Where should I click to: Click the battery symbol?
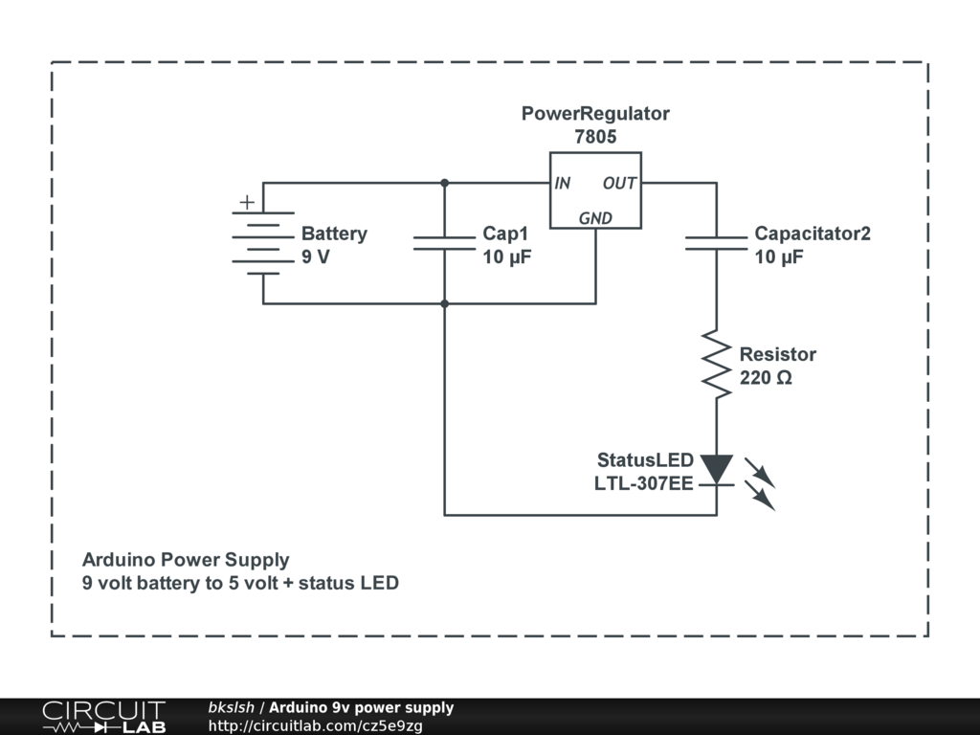click(x=263, y=243)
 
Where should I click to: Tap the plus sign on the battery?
click(x=247, y=202)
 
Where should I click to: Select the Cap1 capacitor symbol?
click(x=444, y=243)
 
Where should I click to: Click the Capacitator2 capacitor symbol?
click(x=716, y=243)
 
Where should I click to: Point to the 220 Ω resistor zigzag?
click(x=716, y=364)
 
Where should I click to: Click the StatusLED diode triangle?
click(x=716, y=469)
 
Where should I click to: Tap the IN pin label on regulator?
click(x=562, y=183)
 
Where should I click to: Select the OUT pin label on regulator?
click(x=619, y=183)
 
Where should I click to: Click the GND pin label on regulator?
click(x=595, y=218)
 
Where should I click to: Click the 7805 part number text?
click(x=595, y=136)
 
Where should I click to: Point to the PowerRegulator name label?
click(x=595, y=113)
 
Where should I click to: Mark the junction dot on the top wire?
click(x=444, y=183)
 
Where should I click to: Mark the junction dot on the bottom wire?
click(x=444, y=303)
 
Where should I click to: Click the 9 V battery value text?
click(x=316, y=256)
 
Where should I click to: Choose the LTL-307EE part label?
click(x=644, y=483)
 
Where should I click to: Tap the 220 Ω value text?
click(x=766, y=377)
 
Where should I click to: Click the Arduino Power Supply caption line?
click(x=186, y=560)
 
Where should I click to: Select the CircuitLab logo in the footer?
click(x=103, y=717)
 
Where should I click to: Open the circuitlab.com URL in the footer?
click(x=316, y=725)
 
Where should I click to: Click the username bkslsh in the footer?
click(x=232, y=707)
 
